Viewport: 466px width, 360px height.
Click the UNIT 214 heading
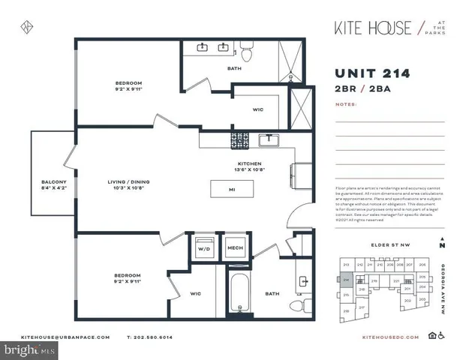pos(371,73)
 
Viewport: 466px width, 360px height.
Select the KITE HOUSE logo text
pos(374,28)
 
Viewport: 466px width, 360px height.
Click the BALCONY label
pos(54,182)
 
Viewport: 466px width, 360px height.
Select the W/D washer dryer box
pos(204,249)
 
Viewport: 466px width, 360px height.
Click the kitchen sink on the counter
pos(268,139)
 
